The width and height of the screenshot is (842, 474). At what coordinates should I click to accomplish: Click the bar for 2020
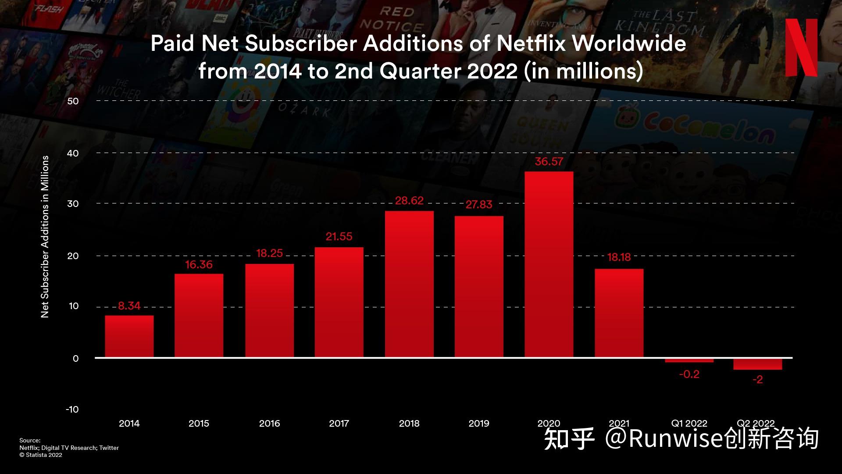tap(549, 264)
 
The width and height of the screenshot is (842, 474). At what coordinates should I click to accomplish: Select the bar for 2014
tap(129, 336)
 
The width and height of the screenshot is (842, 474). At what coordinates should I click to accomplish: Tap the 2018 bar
tap(409, 284)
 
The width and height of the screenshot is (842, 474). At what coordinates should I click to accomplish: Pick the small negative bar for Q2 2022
tap(757, 364)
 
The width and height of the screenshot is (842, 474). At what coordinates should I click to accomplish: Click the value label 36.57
tap(549, 162)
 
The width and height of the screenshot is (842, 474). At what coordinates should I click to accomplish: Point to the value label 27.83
tap(479, 205)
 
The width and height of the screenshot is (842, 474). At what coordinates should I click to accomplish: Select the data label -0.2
tap(689, 374)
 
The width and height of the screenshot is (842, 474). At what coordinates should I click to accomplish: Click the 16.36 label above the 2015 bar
tap(199, 265)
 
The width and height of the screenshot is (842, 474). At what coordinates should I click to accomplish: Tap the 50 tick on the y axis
tap(73, 101)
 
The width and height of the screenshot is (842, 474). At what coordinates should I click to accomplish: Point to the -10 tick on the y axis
tap(72, 410)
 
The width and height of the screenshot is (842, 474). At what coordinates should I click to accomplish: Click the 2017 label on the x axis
tap(339, 424)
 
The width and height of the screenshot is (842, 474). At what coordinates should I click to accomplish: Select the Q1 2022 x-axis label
tap(689, 424)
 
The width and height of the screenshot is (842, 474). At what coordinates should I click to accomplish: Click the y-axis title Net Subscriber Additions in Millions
tap(45, 237)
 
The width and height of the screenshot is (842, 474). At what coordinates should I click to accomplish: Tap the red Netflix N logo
tap(801, 47)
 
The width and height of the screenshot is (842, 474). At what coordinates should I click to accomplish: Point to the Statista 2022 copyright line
tap(41, 455)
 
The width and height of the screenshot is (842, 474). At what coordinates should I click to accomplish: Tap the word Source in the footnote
tap(30, 441)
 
